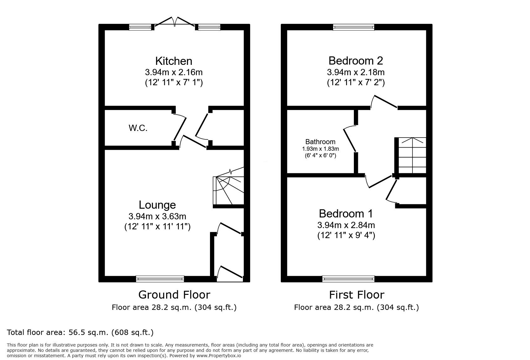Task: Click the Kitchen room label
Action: pyautogui.click(x=174, y=61)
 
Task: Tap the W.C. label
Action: pyautogui.click(x=138, y=128)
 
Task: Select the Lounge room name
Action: pyautogui.click(x=157, y=205)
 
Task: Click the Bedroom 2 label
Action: pyautogui.click(x=356, y=61)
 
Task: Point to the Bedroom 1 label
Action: pyautogui.click(x=346, y=214)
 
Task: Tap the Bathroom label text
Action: pyautogui.click(x=320, y=142)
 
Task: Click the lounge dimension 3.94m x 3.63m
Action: pyautogui.click(x=157, y=217)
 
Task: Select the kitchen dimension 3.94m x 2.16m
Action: pyautogui.click(x=174, y=72)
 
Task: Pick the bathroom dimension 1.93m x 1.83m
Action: pyautogui.click(x=320, y=149)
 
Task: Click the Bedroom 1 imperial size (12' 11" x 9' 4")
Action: pyautogui.click(x=346, y=235)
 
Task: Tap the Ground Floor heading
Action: pyautogui.click(x=174, y=295)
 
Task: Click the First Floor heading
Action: pyautogui.click(x=357, y=295)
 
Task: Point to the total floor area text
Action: pyautogui.click(x=80, y=332)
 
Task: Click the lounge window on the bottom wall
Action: pyautogui.click(x=160, y=279)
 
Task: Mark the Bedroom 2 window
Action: pyautogui.click(x=354, y=27)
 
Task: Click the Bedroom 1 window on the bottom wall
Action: pyautogui.click(x=348, y=279)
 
